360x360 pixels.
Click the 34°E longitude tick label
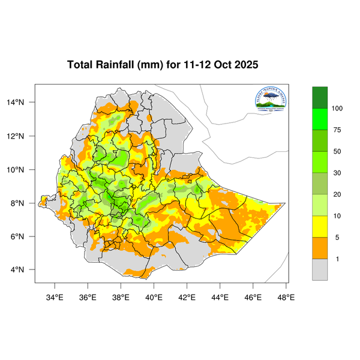tap(55, 296)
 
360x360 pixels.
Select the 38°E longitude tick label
tap(121, 296)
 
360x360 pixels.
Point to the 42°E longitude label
tap(187, 296)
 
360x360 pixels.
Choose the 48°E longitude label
tap(286, 296)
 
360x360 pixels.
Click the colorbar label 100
tap(337, 108)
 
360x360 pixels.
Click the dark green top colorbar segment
tap(320, 97)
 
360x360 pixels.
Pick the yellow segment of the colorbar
tap(320, 226)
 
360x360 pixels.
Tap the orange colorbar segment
tap(320, 248)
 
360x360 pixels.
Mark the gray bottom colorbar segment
tap(320, 269)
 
